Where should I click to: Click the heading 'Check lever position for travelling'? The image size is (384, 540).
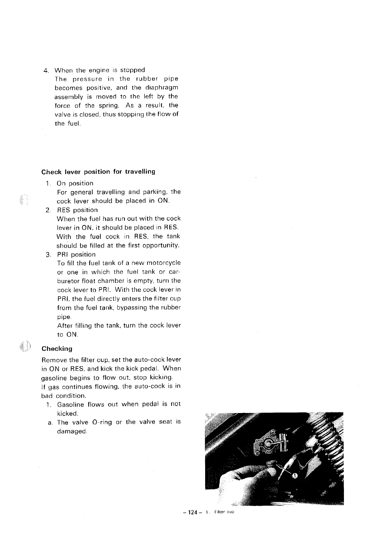coord(98,172)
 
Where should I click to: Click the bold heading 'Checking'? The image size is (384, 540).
coord(57,349)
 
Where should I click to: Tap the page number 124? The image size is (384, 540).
coord(192,512)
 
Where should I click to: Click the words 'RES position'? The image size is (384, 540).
coord(77,210)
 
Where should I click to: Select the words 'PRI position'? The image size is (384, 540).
coord(76,254)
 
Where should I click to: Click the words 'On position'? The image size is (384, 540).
coord(75,183)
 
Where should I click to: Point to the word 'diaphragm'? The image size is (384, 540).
coord(162,88)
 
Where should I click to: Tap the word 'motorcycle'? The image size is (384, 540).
coord(163,263)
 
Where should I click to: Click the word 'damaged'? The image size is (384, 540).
coord(71,431)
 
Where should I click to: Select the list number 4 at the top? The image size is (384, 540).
coord(46,70)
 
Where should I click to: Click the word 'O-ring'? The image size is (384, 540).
coord(102,422)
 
